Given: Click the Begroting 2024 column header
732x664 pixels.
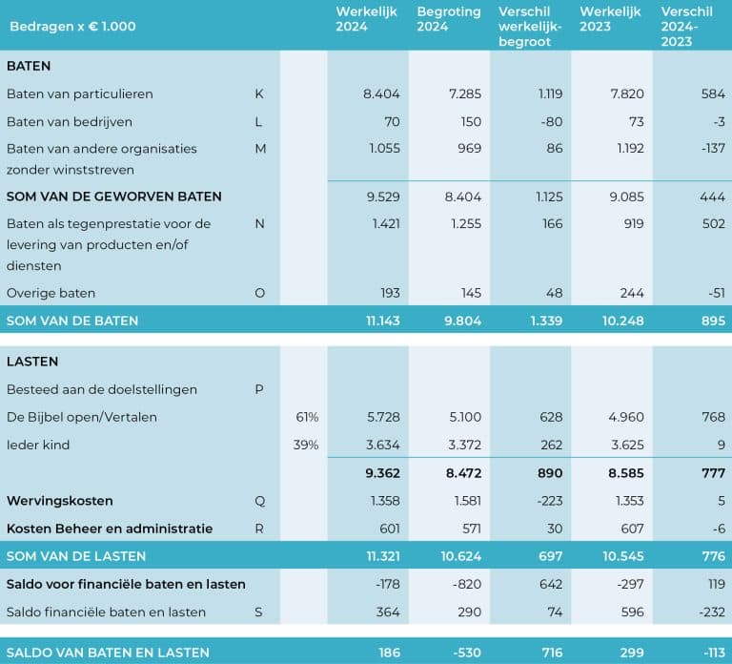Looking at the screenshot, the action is [449, 19].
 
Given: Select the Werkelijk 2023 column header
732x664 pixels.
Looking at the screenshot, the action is [610, 19].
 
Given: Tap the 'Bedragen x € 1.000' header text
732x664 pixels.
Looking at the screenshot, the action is [72, 26].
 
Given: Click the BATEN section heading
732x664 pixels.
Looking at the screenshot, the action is [29, 66].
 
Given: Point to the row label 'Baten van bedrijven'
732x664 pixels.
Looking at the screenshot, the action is [70, 122].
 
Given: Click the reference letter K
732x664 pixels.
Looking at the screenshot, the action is [259, 93].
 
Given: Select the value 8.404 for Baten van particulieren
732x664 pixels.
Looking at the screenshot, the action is [381, 93].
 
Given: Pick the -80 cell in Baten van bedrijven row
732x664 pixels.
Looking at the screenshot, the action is [552, 122].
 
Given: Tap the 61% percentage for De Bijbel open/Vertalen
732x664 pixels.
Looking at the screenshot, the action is [307, 417].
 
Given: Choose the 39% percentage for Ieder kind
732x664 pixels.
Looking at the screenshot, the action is [306, 445].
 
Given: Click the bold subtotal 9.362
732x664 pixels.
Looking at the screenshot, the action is [383, 473].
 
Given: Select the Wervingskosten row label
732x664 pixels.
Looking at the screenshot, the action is [60, 501].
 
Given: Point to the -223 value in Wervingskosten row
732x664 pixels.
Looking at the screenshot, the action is [550, 501].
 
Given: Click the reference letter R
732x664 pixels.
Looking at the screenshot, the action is [259, 529].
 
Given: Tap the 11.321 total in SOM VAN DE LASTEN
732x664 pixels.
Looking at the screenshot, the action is [383, 556].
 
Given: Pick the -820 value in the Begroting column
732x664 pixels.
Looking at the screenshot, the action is [467, 585].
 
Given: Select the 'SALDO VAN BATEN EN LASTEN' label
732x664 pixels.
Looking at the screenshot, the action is [108, 653].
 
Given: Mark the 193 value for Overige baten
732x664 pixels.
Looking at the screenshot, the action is [390, 294].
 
